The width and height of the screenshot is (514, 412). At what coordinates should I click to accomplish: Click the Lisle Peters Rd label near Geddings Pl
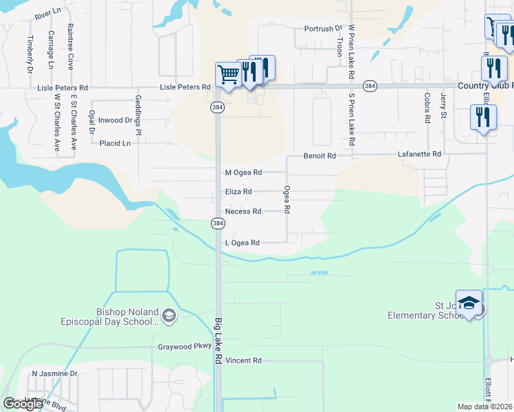click(x=185, y=87)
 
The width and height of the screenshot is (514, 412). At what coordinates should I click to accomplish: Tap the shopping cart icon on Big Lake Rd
click(x=227, y=73)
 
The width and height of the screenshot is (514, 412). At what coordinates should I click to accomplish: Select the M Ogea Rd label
click(x=243, y=172)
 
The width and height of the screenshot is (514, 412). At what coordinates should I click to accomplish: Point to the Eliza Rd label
click(x=238, y=192)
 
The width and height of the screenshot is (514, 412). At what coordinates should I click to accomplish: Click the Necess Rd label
click(x=243, y=211)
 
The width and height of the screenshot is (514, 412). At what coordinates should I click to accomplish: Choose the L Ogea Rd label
click(x=242, y=243)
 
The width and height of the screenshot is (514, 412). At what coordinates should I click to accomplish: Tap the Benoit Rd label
click(x=320, y=156)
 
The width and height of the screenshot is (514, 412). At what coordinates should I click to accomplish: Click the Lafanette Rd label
click(x=419, y=155)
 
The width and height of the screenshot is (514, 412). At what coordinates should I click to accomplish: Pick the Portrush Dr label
click(x=323, y=29)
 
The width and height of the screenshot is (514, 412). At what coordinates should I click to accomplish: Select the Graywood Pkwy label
click(x=184, y=347)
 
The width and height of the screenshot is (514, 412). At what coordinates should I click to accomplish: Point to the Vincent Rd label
click(x=244, y=360)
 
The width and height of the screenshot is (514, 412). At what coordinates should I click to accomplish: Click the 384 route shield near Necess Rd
click(x=217, y=224)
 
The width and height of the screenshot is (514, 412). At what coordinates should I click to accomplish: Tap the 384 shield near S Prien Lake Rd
click(x=370, y=86)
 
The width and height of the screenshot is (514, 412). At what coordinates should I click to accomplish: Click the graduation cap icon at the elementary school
click(x=469, y=303)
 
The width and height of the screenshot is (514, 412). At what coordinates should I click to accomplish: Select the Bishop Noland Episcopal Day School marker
click(x=169, y=316)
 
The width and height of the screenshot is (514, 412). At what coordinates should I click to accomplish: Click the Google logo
click(x=23, y=404)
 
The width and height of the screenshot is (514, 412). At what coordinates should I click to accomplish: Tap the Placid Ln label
click(x=115, y=144)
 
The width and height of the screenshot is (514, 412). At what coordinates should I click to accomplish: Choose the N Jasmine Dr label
click(x=55, y=374)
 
